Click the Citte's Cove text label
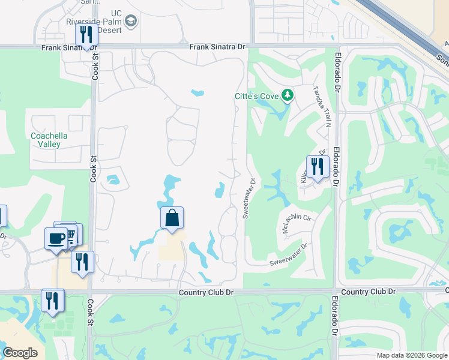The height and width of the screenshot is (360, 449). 257,95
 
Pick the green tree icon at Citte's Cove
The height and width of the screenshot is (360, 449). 288,95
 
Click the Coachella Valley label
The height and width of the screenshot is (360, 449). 49,140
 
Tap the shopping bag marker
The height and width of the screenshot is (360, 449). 172,218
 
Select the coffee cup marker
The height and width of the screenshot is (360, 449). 56,238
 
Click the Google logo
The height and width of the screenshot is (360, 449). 20,353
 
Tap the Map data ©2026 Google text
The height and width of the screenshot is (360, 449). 412,355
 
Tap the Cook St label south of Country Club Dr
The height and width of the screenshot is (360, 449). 91,313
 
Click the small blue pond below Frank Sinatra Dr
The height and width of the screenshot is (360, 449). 197,93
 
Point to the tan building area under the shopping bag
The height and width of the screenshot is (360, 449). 171,247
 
